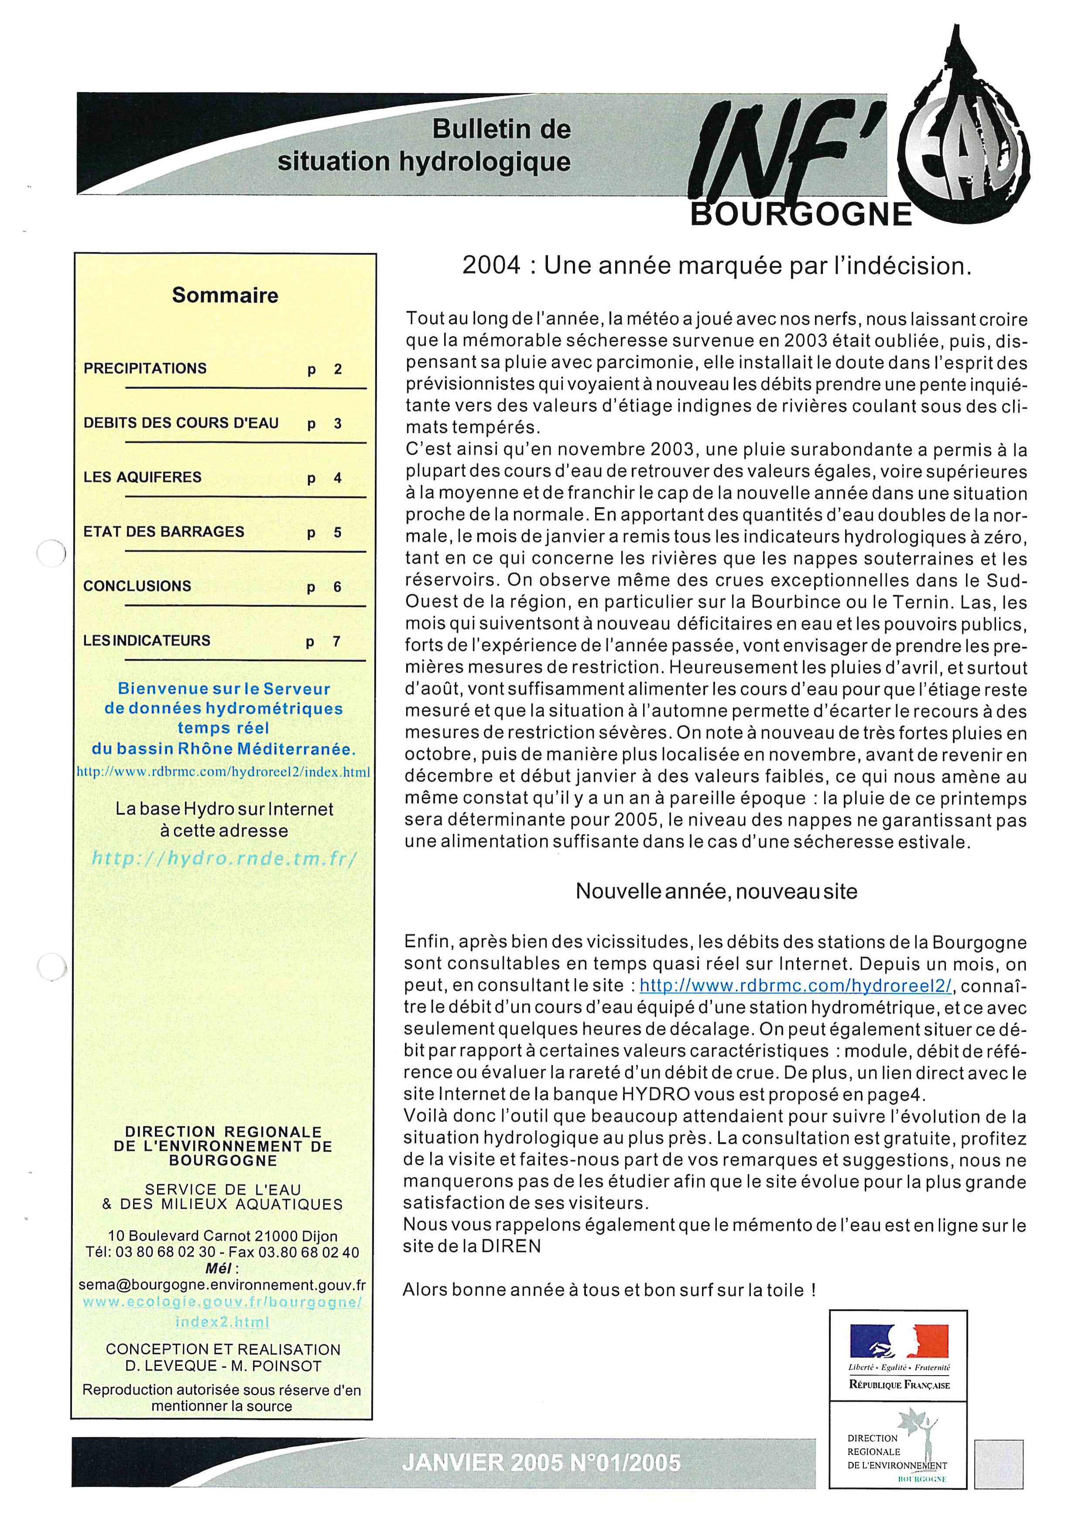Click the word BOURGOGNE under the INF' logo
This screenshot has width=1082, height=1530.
coord(801,215)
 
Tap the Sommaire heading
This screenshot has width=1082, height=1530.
coord(225,295)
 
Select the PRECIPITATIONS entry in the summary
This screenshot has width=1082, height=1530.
coord(145,369)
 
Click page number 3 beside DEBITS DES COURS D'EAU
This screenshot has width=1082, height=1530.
coord(338,424)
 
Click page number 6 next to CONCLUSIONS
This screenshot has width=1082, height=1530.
coord(337,587)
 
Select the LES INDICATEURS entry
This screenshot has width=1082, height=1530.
coord(147,640)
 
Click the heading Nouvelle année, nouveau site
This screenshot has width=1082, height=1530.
coord(716,892)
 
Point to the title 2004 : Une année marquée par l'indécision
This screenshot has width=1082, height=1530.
coord(717,266)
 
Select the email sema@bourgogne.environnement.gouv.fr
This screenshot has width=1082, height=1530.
coord(222,1285)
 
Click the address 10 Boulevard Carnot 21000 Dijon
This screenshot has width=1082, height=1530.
coord(223,1236)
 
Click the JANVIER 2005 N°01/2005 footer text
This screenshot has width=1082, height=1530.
coord(541,1463)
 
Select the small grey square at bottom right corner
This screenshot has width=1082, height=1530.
coord(998,1463)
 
